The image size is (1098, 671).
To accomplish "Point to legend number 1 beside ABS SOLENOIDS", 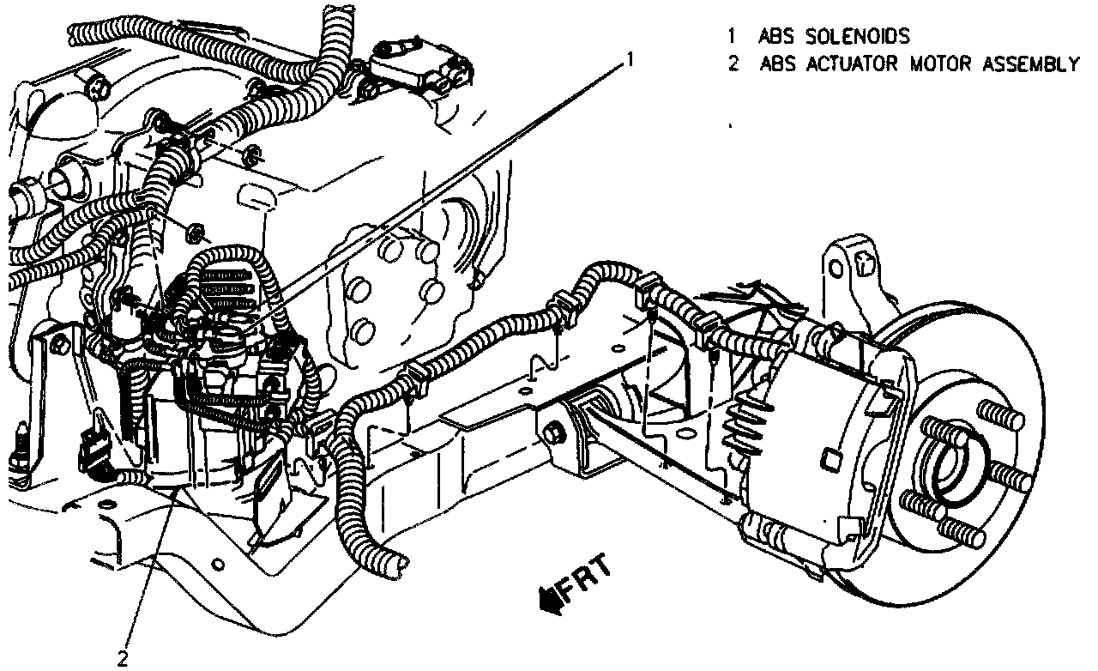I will tap(732, 37).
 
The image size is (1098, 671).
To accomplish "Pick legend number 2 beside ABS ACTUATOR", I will tap(732, 64).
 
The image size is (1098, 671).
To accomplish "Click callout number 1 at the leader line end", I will tap(630, 60).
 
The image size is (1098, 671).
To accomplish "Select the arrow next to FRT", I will tap(547, 597).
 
